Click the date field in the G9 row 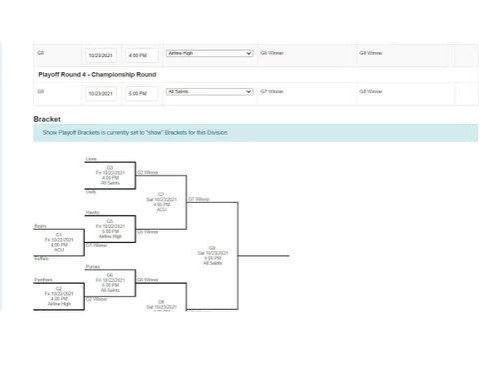click(101, 93)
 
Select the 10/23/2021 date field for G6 click(101, 55)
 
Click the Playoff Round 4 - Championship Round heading click(97, 74)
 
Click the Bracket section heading click(47, 119)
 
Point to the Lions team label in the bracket click(91, 158)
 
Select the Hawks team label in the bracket click(92, 212)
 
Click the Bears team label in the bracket click(41, 226)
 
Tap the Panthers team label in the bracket click(44, 280)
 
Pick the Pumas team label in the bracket click(92, 267)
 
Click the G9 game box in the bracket click(212, 255)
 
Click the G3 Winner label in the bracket click(147, 173)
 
